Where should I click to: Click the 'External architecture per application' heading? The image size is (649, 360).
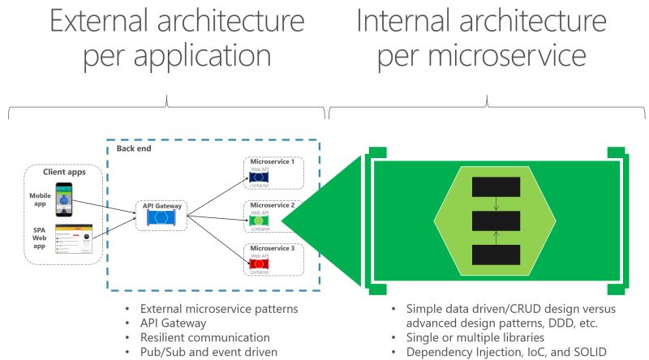click(x=165, y=41)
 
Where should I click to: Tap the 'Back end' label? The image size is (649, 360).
click(x=132, y=149)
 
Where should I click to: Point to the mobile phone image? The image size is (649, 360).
click(x=64, y=199)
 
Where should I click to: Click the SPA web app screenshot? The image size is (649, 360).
click(x=73, y=241)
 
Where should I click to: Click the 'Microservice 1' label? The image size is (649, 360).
click(x=272, y=161)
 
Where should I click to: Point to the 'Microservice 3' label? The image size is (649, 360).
click(x=272, y=247)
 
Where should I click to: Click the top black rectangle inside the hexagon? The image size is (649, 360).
click(x=495, y=186)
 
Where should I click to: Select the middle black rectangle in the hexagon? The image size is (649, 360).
click(x=495, y=221)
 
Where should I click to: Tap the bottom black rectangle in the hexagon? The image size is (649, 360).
click(x=495, y=255)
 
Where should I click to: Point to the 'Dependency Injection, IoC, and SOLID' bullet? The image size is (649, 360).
click(x=500, y=351)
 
